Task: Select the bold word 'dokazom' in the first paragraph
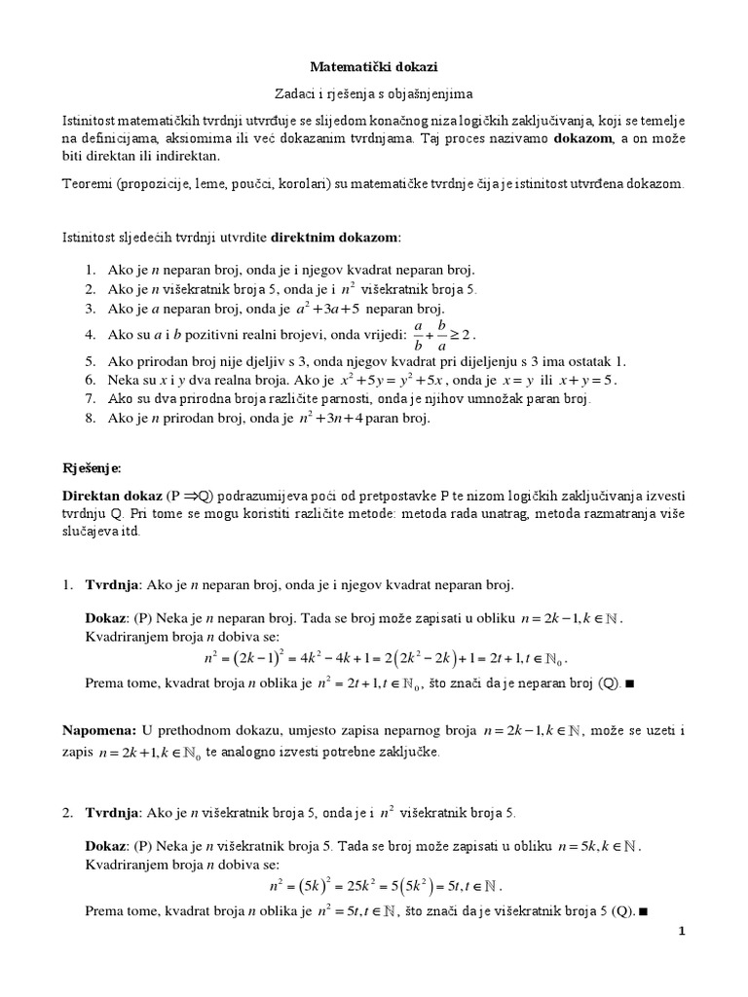coord(584,138)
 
